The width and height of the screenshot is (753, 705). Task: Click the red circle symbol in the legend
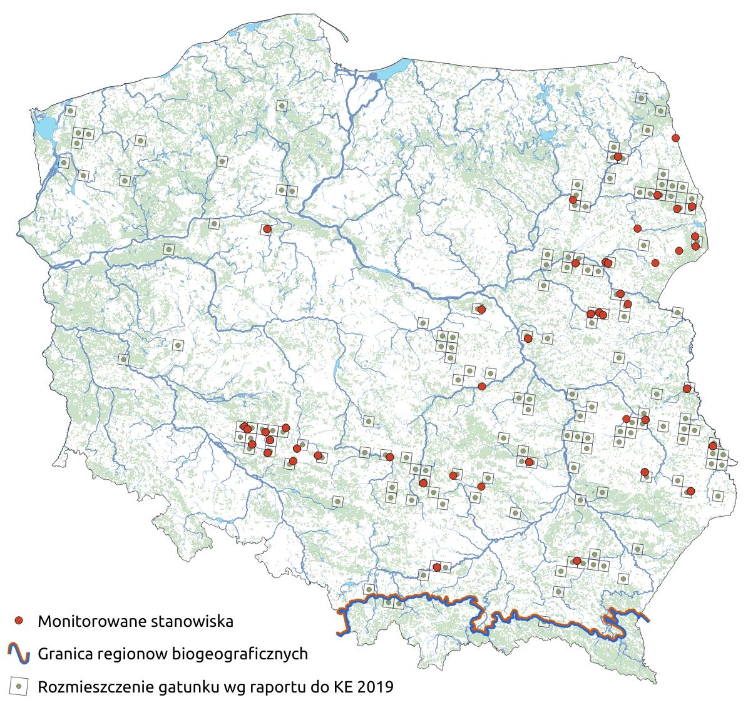click(19, 621)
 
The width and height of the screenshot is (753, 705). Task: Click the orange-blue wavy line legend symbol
click(19, 654)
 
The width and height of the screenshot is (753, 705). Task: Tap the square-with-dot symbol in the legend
click(19, 686)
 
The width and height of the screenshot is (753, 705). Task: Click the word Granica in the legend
click(64, 654)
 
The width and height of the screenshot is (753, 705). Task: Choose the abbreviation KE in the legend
click(342, 687)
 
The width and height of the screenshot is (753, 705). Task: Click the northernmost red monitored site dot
click(675, 138)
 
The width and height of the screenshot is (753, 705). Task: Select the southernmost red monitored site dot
click(436, 567)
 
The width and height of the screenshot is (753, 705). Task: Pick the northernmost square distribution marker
click(640, 98)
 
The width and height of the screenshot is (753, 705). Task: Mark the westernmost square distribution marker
click(63, 163)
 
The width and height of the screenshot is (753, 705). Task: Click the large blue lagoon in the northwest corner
click(45, 129)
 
